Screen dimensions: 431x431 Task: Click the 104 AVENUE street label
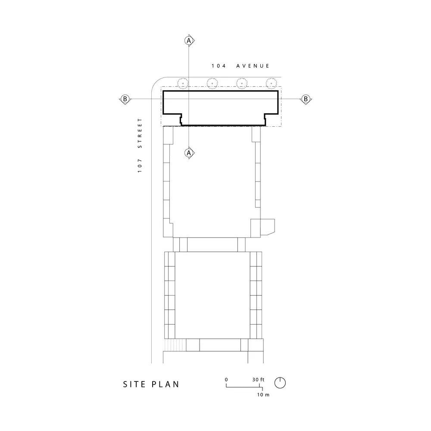[x=240, y=66]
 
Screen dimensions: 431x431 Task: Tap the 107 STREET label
[x=140, y=145]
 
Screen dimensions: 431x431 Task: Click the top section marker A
[x=188, y=40]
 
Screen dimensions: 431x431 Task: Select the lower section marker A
[x=188, y=153]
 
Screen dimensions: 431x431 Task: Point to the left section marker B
[x=125, y=99]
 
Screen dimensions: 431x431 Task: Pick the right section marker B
[x=306, y=99]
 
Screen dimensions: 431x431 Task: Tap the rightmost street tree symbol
[x=271, y=82]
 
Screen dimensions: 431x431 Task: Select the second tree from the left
[x=212, y=82]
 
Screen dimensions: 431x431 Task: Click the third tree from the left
[x=242, y=82]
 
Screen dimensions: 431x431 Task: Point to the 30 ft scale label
[x=259, y=379]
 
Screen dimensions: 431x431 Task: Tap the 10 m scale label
[x=263, y=395]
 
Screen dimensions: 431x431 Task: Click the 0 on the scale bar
[x=226, y=379]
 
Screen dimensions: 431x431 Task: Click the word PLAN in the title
[x=166, y=384]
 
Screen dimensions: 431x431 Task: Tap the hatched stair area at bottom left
[x=174, y=345]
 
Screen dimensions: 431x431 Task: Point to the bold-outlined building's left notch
[x=180, y=118]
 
